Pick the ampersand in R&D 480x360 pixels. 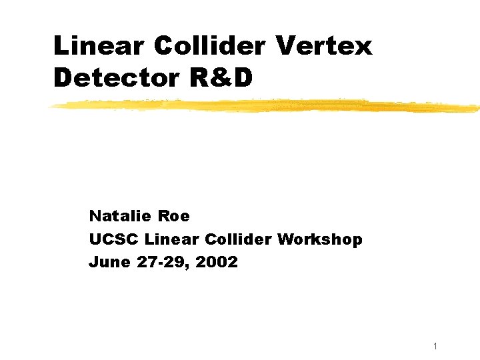[x=221, y=78]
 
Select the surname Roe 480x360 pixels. [x=175, y=216]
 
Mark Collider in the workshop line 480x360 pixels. [x=237, y=239]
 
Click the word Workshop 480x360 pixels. [x=320, y=239]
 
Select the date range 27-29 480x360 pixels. [x=157, y=262]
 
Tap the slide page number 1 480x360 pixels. [x=435, y=346]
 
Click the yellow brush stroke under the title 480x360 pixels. [x=267, y=105]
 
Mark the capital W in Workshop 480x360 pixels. [x=287, y=239]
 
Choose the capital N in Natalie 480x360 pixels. [x=95, y=216]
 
